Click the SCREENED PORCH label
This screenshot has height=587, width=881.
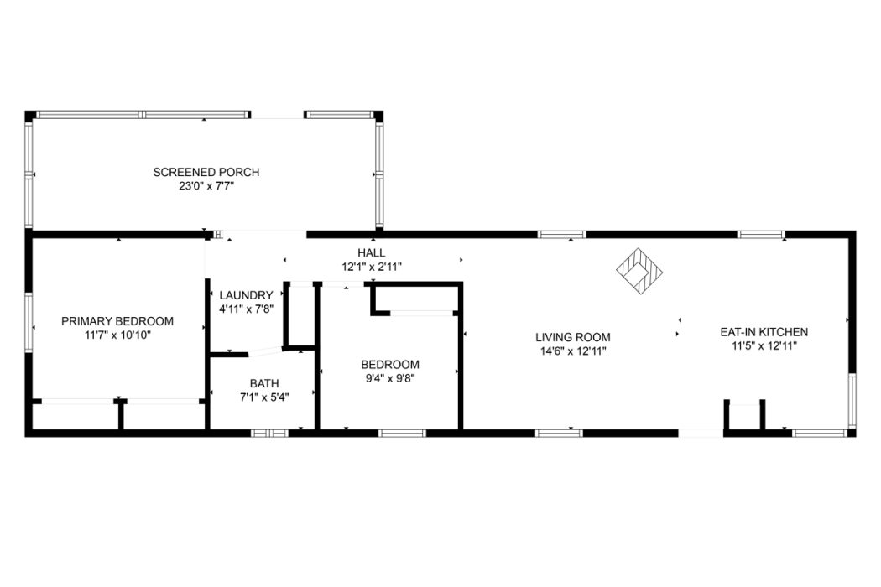pyautogui.click(x=206, y=172)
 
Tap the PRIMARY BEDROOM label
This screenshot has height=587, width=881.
pyautogui.click(x=117, y=321)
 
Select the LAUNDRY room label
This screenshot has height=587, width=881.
pyautogui.click(x=246, y=295)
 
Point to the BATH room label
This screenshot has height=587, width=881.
pyautogui.click(x=264, y=384)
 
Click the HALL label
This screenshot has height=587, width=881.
pyautogui.click(x=372, y=252)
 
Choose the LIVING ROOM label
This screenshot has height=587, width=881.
pyautogui.click(x=572, y=338)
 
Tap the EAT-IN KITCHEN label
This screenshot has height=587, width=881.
pyautogui.click(x=764, y=332)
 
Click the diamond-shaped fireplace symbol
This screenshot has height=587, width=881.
pyautogui.click(x=639, y=271)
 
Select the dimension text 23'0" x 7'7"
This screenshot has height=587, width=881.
pyautogui.click(x=206, y=186)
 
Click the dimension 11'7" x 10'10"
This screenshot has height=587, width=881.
pyautogui.click(x=117, y=335)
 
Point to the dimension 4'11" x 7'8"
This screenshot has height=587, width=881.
pyautogui.click(x=246, y=309)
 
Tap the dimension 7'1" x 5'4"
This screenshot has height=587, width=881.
pyautogui.click(x=264, y=397)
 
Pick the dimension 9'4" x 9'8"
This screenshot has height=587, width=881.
pyautogui.click(x=390, y=378)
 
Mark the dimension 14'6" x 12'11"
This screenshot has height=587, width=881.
pyautogui.click(x=572, y=351)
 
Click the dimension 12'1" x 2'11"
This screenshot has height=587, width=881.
pyautogui.click(x=372, y=267)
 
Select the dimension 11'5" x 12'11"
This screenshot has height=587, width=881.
pyautogui.click(x=764, y=346)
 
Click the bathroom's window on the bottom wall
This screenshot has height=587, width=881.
pyautogui.click(x=269, y=433)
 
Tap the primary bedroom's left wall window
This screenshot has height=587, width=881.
pyautogui.click(x=29, y=322)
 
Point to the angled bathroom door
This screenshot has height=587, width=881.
pyautogui.click(x=265, y=351)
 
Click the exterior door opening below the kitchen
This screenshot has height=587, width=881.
pyautogui.click(x=701, y=433)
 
